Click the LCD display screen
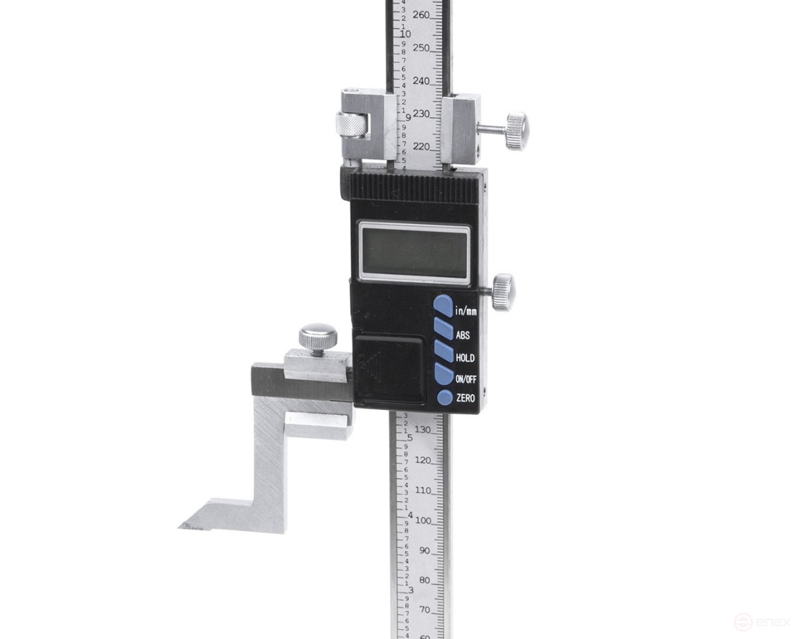point(414,251)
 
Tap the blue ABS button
point(443,330)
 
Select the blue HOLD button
point(443,353)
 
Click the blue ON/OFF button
point(443,375)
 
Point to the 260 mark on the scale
point(422,15)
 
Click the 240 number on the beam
point(422,81)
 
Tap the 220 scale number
point(422,147)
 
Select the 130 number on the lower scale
point(423,429)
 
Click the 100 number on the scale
point(423,521)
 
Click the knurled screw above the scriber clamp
point(318,337)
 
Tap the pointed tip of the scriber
point(182,526)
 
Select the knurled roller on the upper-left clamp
point(351,126)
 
